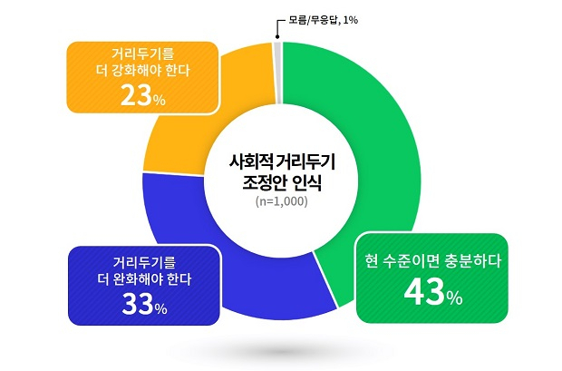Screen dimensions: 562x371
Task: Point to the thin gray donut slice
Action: pos(277,73)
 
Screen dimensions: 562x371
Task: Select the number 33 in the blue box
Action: pos(138,305)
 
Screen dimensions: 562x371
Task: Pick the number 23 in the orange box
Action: pos(136,96)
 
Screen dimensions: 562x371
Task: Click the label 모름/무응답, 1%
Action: pos(323,20)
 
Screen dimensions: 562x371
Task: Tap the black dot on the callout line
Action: pos(277,36)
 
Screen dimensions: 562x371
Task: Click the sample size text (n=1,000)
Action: pos(281,201)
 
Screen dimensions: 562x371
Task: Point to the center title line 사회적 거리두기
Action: pos(282,162)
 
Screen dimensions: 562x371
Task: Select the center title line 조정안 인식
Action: pos(282,183)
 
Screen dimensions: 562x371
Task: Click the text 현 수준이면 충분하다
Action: pos(432,261)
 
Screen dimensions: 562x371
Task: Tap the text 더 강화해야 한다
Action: pos(143,71)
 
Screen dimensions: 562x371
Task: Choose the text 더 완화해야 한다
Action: pos(144,279)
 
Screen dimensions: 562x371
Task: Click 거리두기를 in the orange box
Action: pos(142,54)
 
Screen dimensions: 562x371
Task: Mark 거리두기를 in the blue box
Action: pos(144,263)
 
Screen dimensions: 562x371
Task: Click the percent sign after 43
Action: pos(454,298)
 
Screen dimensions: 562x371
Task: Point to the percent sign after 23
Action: pos(160,101)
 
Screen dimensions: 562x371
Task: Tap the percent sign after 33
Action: pos(160,309)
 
